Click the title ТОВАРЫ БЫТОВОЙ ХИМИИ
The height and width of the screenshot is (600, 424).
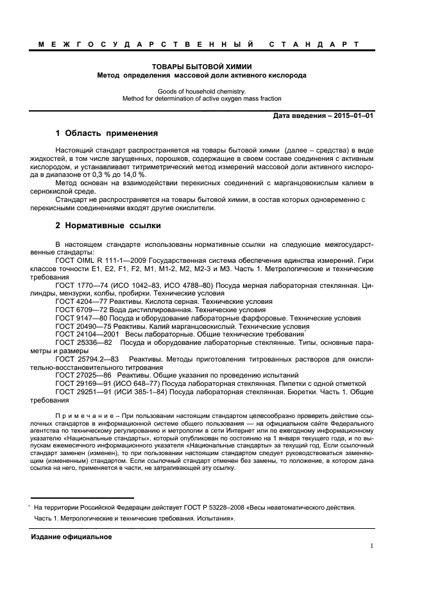point(201,66)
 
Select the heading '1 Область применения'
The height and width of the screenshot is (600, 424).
point(106,134)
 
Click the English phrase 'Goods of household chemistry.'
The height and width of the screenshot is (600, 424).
point(201,91)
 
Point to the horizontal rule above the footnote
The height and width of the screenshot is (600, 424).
point(83,497)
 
